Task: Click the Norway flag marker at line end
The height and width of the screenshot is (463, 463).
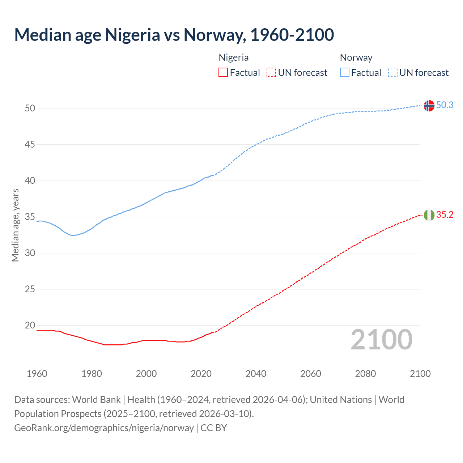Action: point(429,106)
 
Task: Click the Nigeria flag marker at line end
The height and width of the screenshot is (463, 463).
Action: point(429,215)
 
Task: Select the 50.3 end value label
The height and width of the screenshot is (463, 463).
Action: point(445,105)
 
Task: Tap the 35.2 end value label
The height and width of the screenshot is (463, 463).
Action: point(445,214)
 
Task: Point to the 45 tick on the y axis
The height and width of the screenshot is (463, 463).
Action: point(30,144)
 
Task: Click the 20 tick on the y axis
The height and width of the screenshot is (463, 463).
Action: point(30,325)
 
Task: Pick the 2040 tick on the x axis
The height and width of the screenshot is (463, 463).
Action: point(256,374)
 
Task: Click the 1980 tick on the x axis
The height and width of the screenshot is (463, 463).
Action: point(92,374)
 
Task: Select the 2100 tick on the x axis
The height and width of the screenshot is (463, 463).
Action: point(420,374)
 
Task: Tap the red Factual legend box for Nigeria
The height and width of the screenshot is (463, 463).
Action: point(223,72)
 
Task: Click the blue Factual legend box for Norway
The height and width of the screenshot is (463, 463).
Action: point(344,72)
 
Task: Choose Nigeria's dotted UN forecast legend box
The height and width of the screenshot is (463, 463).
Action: point(271,72)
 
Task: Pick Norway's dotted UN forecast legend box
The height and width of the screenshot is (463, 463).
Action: point(392,72)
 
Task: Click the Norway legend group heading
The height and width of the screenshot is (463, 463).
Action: point(356,58)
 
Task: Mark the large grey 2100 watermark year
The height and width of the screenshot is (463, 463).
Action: point(381,339)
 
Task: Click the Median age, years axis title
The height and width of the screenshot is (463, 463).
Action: point(15,225)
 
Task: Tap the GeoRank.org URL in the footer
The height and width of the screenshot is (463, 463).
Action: point(104,428)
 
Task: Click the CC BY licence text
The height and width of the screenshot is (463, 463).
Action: point(213,428)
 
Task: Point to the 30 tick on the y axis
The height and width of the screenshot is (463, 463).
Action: point(30,253)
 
